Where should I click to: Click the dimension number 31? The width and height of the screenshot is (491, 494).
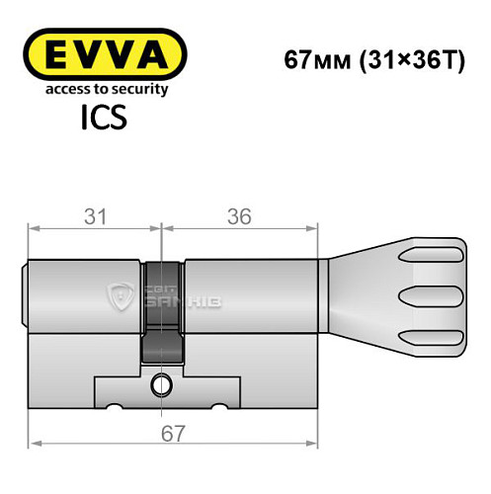pyautogui.click(x=95, y=215)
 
